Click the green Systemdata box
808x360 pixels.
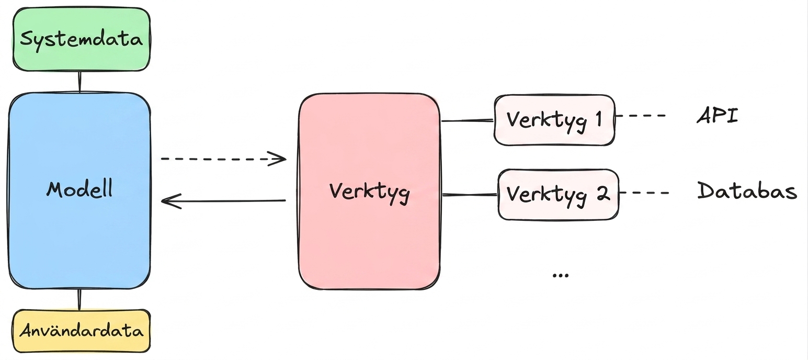click(x=82, y=39)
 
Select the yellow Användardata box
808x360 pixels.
click(x=82, y=331)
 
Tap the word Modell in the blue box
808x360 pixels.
click(x=79, y=188)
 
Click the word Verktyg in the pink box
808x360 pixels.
click(x=369, y=192)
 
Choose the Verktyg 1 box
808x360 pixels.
click(x=554, y=120)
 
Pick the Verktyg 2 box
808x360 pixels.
click(x=559, y=194)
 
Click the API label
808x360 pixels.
click(x=717, y=116)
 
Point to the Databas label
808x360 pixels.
click(x=747, y=190)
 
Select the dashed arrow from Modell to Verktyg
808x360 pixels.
click(x=224, y=159)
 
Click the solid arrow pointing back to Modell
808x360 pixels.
click(x=224, y=201)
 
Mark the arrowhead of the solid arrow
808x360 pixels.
click(x=169, y=201)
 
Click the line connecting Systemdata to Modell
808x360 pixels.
click(x=79, y=82)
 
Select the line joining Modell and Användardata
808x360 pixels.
click(x=79, y=299)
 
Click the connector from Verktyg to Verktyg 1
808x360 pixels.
click(x=468, y=120)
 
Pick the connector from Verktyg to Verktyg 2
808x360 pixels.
click(x=470, y=195)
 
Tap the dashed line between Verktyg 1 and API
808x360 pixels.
click(x=640, y=116)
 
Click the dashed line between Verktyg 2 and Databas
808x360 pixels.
click(x=644, y=193)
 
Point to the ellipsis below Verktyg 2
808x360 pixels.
click(x=560, y=276)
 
